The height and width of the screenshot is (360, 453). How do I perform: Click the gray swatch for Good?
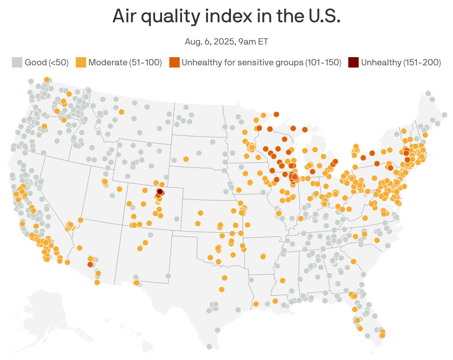coord(17,62)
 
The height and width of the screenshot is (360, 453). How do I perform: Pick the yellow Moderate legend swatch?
coord(81,62)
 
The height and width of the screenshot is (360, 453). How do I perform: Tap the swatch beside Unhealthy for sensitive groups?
coord(174,62)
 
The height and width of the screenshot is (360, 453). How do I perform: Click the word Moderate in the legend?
coord(108,62)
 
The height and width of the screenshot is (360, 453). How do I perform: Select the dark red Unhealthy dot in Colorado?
coord(160,192)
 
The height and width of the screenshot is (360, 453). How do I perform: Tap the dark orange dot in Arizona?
coord(90,264)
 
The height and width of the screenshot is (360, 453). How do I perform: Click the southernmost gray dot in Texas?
coord(209,347)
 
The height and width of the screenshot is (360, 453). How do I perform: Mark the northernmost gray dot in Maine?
coord(428,94)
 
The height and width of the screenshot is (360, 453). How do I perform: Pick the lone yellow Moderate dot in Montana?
coord(121,112)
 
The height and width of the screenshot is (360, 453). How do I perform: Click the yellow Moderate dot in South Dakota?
coord(186,159)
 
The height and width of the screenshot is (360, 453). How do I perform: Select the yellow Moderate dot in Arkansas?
coord(263,256)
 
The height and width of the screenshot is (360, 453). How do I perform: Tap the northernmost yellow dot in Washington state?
coord(46,79)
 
